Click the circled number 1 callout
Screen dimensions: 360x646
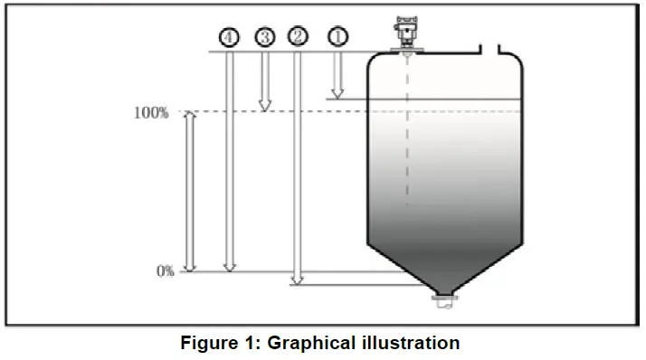(337, 36)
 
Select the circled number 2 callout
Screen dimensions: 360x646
(298, 36)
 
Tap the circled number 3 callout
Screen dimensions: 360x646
(264, 36)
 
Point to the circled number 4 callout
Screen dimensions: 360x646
(229, 36)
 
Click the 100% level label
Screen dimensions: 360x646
(151, 113)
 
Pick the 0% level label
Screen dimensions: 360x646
(164, 270)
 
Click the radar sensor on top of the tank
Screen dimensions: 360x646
(406, 34)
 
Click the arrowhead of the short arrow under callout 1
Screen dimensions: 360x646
(337, 92)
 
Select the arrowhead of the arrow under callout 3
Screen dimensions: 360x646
(264, 106)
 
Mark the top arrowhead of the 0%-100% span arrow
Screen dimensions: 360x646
(189, 118)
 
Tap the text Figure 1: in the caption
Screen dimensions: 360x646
(218, 343)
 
